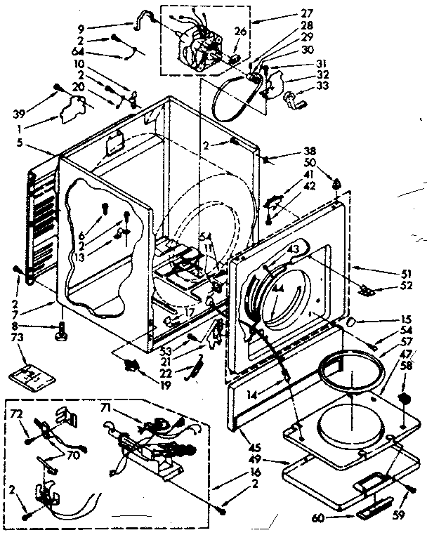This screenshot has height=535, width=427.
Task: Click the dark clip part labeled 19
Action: pos(130,364)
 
